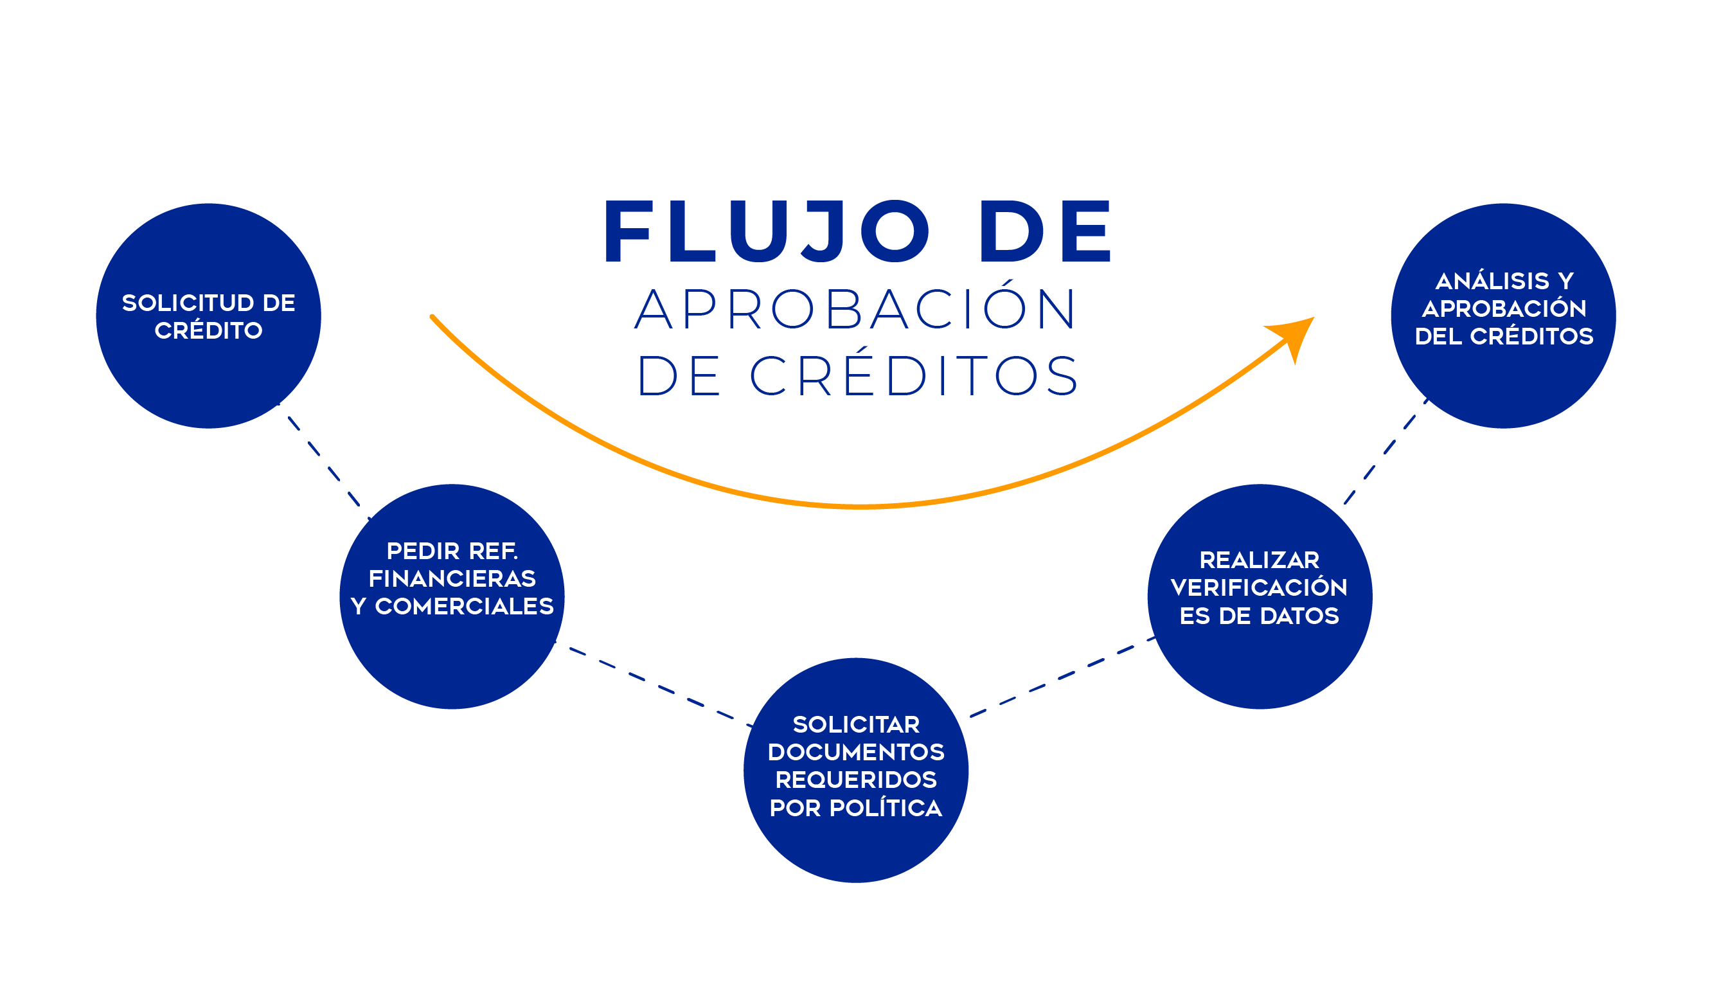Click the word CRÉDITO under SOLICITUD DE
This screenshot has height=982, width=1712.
click(x=208, y=330)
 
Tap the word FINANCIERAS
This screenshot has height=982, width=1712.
click(x=452, y=578)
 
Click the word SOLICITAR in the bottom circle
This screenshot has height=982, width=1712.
click(x=855, y=724)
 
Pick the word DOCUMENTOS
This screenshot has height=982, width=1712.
click(x=855, y=752)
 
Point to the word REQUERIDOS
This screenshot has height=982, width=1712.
click(x=855, y=780)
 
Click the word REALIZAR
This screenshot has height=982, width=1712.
click(x=1259, y=560)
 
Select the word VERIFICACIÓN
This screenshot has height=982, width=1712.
click(x=1259, y=587)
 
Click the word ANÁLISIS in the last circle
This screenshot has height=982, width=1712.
click(x=1492, y=281)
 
